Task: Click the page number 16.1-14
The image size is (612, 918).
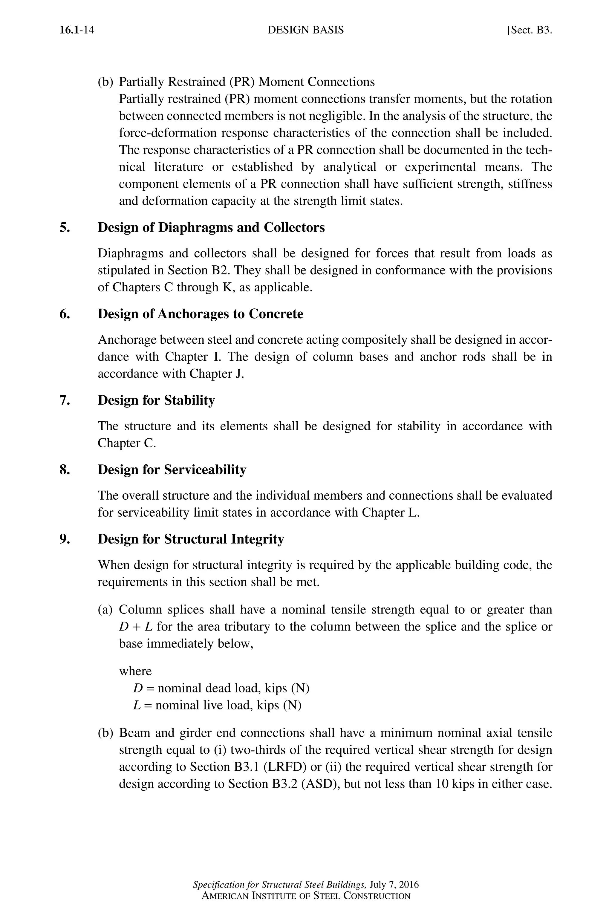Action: (77, 30)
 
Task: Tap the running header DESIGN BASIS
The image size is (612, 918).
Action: (306, 30)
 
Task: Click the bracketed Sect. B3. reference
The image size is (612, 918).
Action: (529, 30)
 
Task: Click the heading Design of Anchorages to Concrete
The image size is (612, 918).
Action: (200, 314)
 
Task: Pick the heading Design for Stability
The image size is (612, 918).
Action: (156, 400)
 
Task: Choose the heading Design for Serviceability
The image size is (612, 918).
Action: (172, 469)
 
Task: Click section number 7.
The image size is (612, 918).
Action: (65, 400)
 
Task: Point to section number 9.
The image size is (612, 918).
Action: (65, 539)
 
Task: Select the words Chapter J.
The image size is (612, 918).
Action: (217, 374)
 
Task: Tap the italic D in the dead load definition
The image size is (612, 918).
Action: (138, 688)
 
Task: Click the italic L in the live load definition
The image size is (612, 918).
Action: (137, 705)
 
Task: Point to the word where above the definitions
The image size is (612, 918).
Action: (135, 671)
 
